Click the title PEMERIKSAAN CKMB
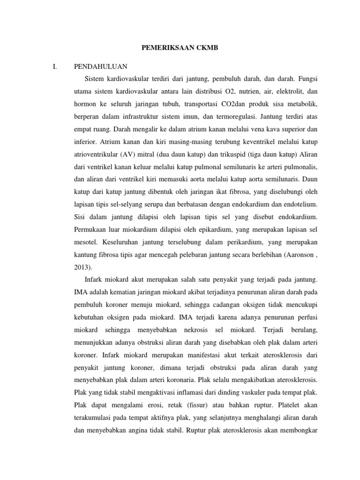(180, 47)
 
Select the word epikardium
(208, 229)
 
